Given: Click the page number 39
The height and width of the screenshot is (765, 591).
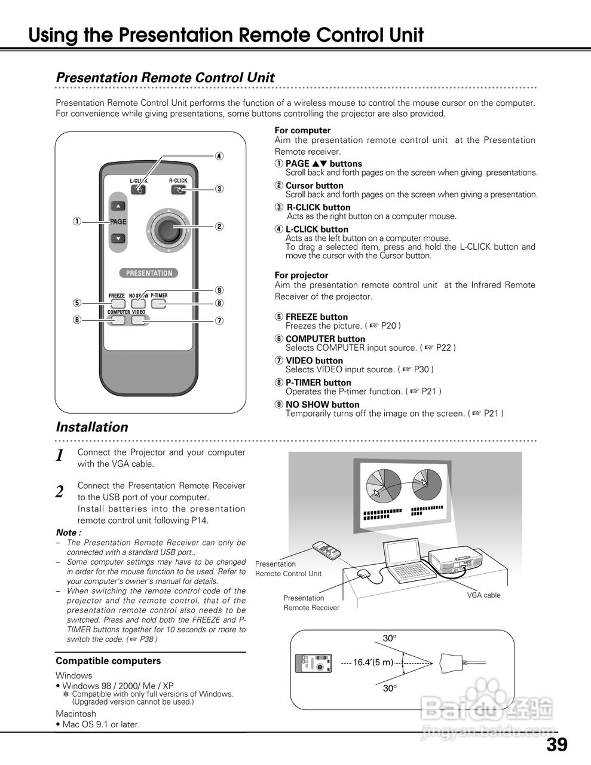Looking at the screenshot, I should click(556, 745).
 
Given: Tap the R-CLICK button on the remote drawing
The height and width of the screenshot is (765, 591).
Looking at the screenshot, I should click(178, 190).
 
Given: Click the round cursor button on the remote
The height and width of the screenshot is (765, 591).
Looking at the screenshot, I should click(169, 227).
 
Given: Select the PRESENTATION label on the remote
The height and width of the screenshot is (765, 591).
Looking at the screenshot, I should click(149, 273).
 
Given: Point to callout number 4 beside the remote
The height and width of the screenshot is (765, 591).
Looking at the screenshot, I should click(219, 157).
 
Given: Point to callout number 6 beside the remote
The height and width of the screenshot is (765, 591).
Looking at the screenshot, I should click(76, 320).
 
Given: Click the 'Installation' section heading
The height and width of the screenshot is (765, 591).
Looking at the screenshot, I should click(91, 427).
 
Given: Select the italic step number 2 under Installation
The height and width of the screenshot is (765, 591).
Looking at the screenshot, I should click(60, 492).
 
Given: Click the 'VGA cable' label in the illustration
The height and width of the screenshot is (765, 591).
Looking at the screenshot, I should click(483, 595).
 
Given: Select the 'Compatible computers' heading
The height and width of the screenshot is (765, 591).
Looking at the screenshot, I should click(108, 661).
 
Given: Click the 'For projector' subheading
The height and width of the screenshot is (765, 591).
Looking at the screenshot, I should click(301, 276).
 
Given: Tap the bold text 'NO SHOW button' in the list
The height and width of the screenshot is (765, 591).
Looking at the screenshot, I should click(322, 405).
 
